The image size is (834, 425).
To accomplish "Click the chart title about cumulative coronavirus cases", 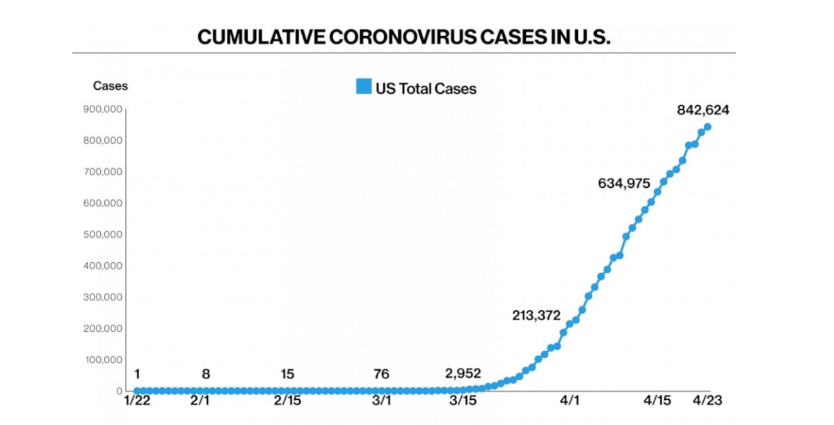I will [x=403, y=37].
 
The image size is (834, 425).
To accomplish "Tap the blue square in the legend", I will [x=363, y=88].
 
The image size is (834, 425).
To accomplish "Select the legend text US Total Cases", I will [x=426, y=88].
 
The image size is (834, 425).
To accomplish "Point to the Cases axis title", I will [x=111, y=86].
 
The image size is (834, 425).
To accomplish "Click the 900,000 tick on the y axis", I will [x=103, y=109].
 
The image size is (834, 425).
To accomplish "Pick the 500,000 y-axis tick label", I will [x=103, y=234].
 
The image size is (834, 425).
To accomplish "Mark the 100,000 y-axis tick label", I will [x=103, y=360].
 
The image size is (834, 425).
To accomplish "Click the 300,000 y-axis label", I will [x=103, y=297].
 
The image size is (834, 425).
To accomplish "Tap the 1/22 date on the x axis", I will [x=136, y=401].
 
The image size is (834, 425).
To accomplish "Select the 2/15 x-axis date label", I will [x=287, y=401].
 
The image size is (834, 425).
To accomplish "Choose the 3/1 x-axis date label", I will [x=381, y=401].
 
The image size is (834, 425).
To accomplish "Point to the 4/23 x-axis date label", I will [x=707, y=401].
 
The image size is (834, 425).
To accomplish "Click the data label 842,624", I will [x=703, y=110].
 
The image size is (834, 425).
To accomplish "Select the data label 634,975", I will [x=624, y=184].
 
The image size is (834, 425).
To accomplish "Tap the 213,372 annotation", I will [x=536, y=315].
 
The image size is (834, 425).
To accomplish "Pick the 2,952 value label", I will [x=463, y=374].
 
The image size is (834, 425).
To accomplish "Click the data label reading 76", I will [x=381, y=374].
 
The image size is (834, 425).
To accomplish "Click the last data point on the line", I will [x=707, y=127].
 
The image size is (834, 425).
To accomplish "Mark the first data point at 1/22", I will [x=136, y=391].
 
